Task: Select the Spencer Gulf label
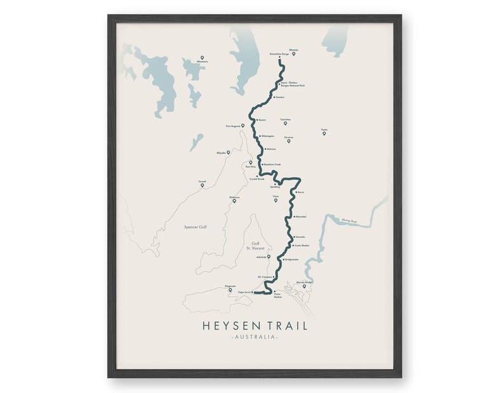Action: click(196, 227)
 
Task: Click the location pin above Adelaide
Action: click(269, 256)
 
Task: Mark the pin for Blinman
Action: click(294, 53)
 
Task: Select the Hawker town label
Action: click(281, 98)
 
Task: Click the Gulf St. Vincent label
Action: click(255, 246)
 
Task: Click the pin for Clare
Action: click(275, 201)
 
